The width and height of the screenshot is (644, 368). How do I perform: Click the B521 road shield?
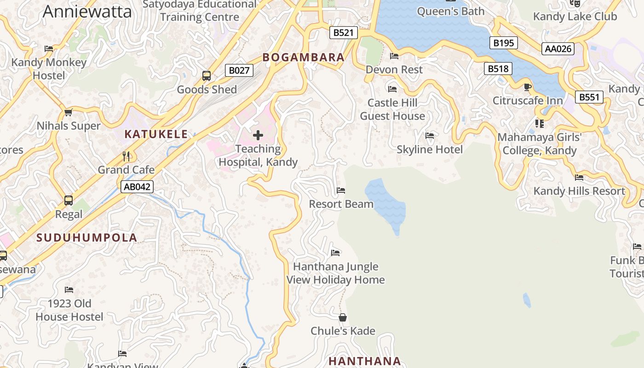click(344, 33)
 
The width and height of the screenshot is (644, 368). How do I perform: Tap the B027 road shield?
click(239, 70)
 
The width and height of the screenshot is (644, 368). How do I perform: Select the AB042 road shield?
click(137, 187)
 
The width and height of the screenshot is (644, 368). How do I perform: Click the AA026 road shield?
click(558, 49)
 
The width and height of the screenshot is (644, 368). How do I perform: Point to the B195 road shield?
click(503, 43)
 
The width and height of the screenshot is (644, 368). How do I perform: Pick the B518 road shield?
click(498, 69)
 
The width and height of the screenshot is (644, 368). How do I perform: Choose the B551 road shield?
click(589, 97)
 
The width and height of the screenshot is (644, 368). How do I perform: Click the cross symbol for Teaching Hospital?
click(258, 135)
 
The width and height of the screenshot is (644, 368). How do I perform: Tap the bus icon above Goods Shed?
click(207, 76)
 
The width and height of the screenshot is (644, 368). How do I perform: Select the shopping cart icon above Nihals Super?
click(69, 112)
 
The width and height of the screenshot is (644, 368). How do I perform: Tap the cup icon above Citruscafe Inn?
click(528, 87)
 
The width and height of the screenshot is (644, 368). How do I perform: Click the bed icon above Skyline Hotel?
click(430, 136)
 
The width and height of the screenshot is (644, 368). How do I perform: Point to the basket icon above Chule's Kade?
click(343, 317)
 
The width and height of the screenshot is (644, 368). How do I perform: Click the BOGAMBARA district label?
click(304, 57)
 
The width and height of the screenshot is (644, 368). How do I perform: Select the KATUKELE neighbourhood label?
click(156, 134)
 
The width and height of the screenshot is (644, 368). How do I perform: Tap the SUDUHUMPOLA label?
click(87, 238)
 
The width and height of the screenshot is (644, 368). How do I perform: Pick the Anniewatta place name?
click(87, 11)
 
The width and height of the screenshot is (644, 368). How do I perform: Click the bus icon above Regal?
click(69, 201)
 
